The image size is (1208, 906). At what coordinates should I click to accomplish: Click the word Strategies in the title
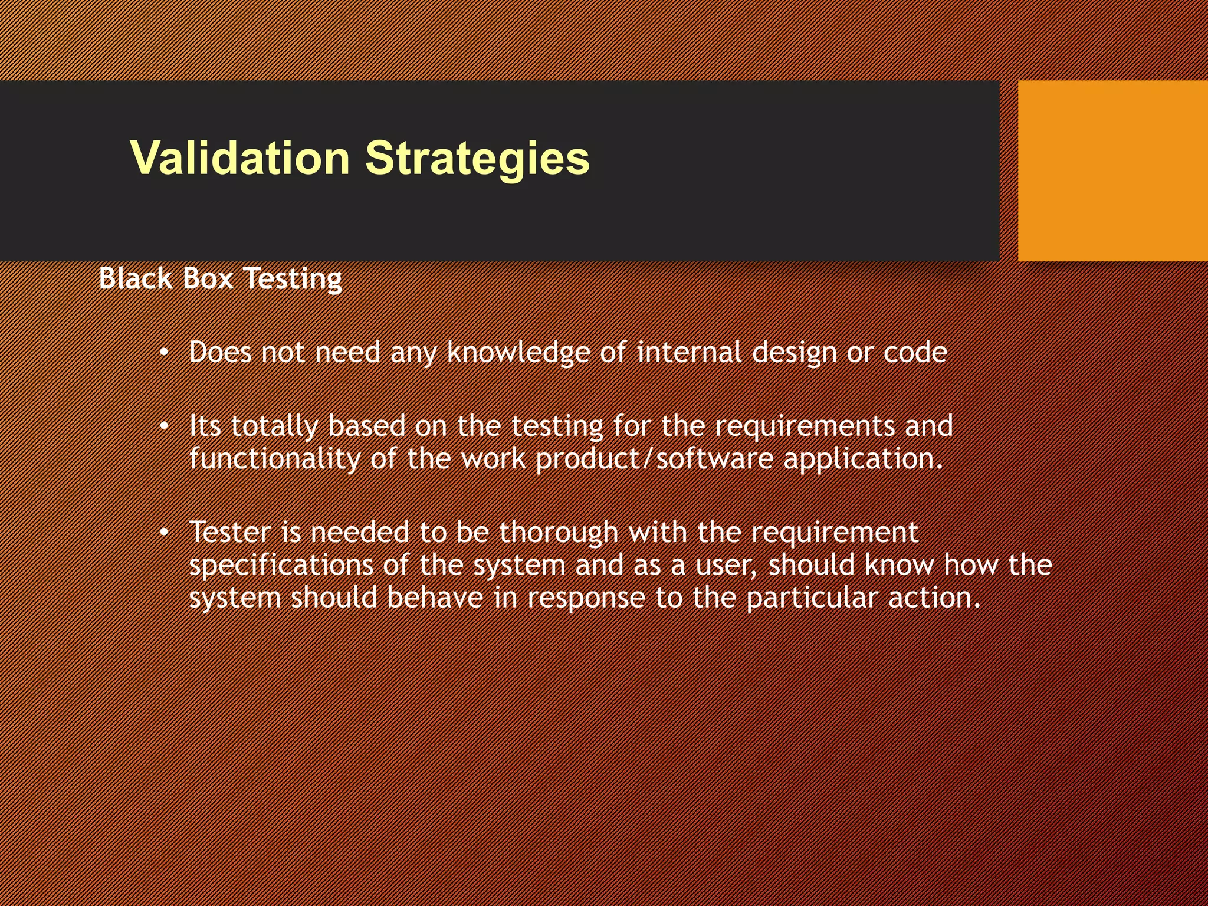(x=477, y=158)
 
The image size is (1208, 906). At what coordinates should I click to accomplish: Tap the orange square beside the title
(x=1112, y=171)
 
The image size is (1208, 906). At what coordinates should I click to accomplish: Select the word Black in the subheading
(x=136, y=278)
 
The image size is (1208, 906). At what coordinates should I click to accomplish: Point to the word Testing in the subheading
(x=293, y=280)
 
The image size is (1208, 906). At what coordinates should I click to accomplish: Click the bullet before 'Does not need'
(x=165, y=353)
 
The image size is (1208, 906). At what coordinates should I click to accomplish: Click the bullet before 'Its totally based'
(x=165, y=426)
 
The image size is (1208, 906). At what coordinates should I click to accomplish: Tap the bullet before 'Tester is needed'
(x=165, y=533)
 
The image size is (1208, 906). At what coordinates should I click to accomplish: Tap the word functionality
(x=274, y=459)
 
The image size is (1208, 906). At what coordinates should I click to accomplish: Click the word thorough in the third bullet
(x=559, y=532)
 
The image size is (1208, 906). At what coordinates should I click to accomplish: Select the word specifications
(x=281, y=565)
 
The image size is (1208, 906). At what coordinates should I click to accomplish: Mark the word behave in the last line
(x=435, y=598)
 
